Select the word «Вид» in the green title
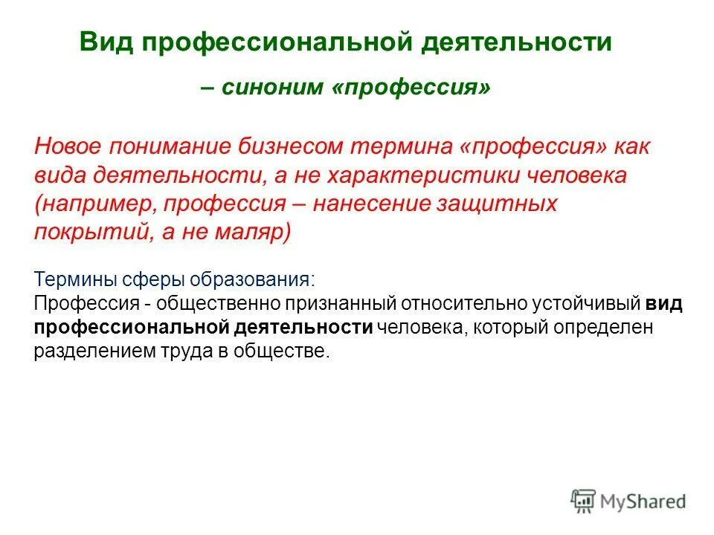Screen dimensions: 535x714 104,42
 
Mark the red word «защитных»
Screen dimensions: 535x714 499,203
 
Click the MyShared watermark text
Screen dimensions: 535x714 644,502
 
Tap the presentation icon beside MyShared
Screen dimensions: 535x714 584,502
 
